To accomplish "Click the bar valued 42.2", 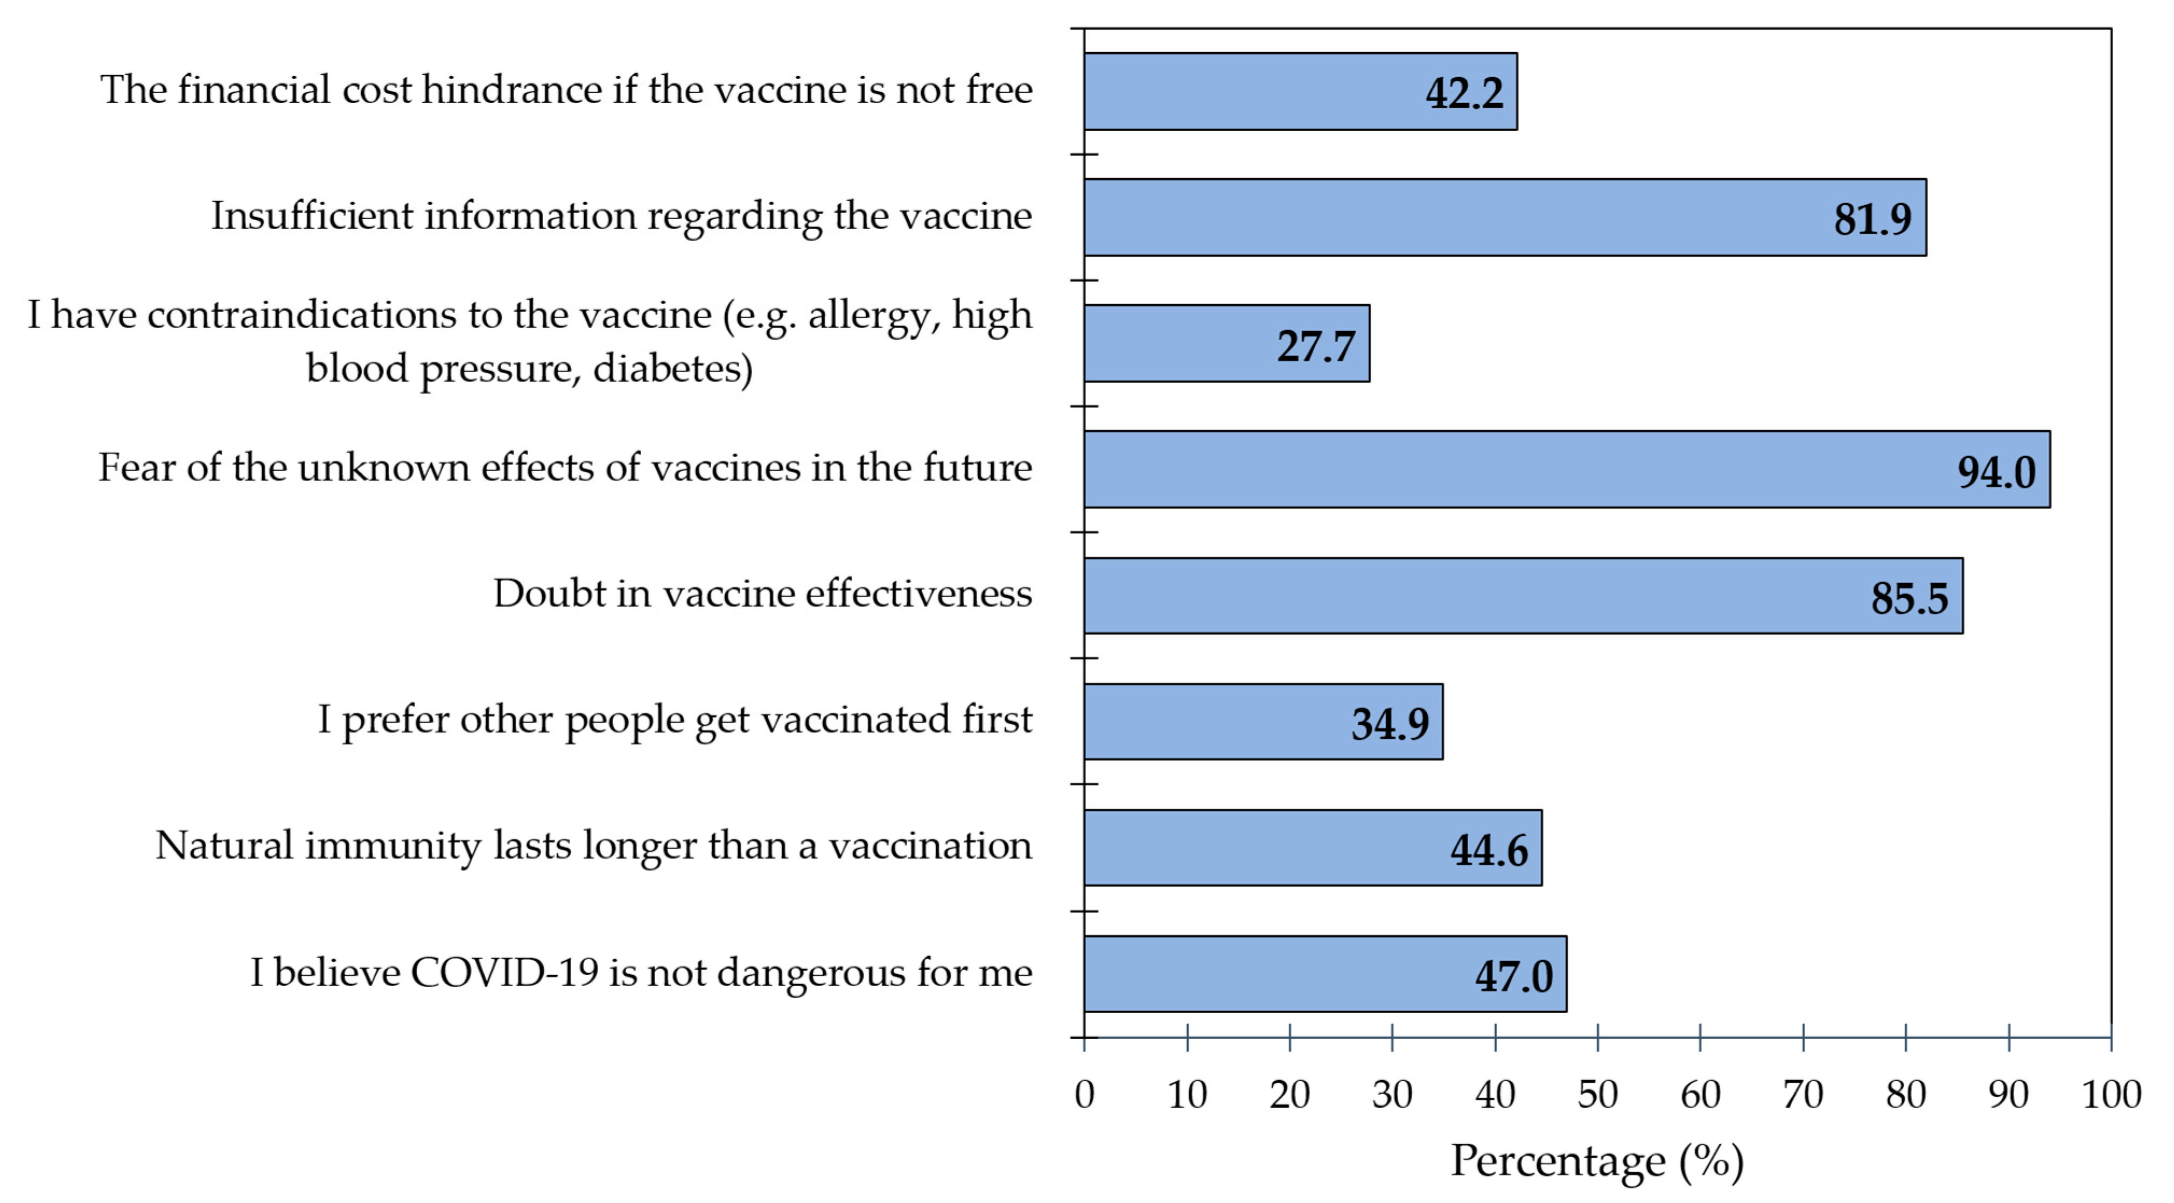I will [x=1300, y=91].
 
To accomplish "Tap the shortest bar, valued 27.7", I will [x=1226, y=344].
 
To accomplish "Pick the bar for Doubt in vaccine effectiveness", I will [x=1523, y=595].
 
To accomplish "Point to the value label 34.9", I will [x=1390, y=724].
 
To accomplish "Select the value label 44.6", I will [x=1489, y=849].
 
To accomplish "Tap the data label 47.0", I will [x=1513, y=976].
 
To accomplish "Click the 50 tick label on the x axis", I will [x=1597, y=1095].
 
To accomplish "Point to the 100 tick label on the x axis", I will [x=2110, y=1095].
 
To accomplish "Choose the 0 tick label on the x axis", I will [x=1084, y=1095].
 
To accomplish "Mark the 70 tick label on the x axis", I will [x=1803, y=1095].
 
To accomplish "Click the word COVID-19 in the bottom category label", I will [x=504, y=973].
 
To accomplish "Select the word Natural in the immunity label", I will [x=223, y=845].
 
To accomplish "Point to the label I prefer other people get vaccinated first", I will [x=674, y=720].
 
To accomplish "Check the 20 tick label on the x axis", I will [x=1289, y=1095].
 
